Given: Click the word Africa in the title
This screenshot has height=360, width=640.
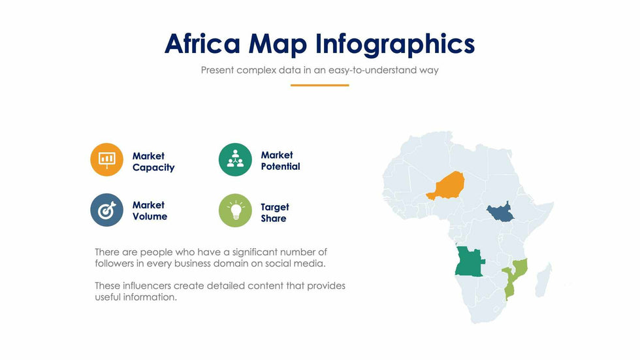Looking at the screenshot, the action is click(x=202, y=43).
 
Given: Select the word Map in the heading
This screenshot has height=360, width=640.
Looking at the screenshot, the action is click(x=278, y=44).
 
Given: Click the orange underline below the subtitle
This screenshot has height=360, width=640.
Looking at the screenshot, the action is click(x=319, y=86).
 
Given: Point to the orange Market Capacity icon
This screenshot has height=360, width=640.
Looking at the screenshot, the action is click(x=106, y=159).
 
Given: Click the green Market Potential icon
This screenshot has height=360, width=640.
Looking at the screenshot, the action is click(x=235, y=159).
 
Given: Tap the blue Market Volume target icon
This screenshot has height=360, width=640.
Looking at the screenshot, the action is click(x=106, y=210).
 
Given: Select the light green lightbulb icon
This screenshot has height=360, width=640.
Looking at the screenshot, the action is click(x=235, y=210).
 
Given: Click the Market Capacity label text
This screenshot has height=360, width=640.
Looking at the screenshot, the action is click(x=153, y=162).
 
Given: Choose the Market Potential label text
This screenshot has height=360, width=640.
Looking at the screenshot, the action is click(x=280, y=161).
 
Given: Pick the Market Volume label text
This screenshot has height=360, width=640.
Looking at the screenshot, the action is click(x=150, y=210).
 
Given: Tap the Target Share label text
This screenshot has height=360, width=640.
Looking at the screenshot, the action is click(x=275, y=212).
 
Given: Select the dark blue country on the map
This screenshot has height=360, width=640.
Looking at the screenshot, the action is click(x=500, y=212).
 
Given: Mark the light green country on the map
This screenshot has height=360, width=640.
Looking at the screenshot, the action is click(x=515, y=278).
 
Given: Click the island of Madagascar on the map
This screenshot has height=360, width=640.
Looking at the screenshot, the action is click(x=543, y=280).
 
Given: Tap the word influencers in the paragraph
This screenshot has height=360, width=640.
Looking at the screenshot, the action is click(x=152, y=286).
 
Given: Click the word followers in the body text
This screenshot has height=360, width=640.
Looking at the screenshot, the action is click(x=114, y=263).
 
